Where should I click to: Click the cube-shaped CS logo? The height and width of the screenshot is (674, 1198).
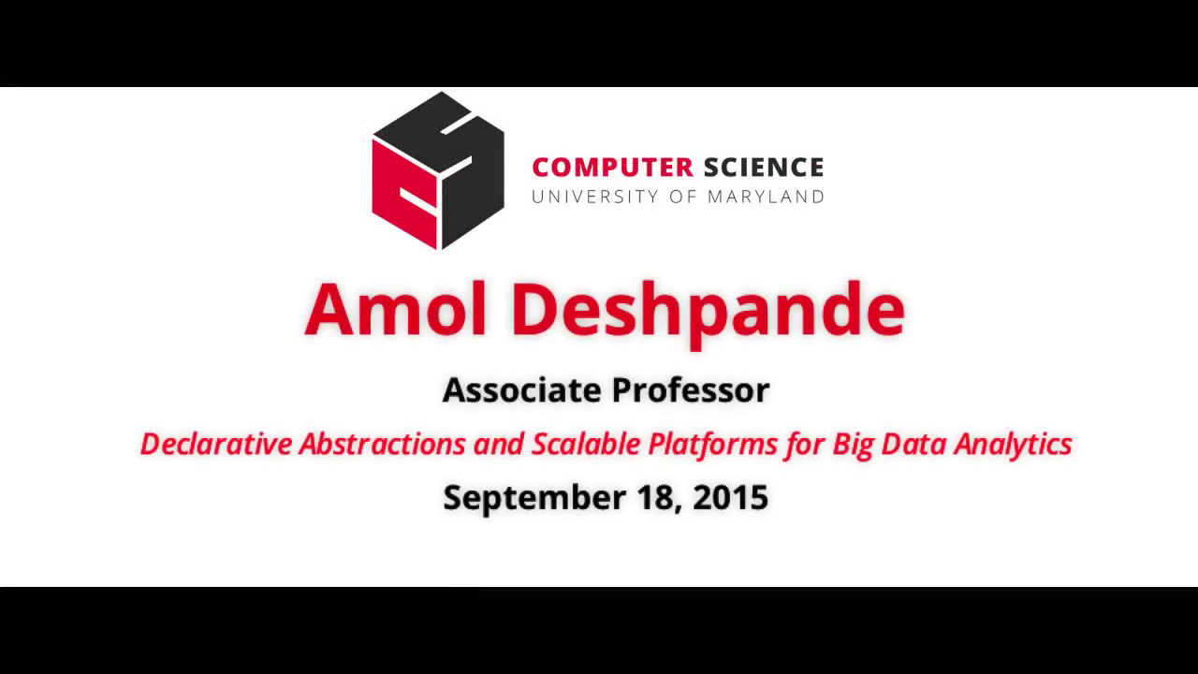pyautogui.click(x=438, y=170)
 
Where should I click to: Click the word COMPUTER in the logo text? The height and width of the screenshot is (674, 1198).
pyautogui.click(x=612, y=168)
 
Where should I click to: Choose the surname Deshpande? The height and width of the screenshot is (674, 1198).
pyautogui.click(x=708, y=312)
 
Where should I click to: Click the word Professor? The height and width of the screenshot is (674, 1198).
pyautogui.click(x=690, y=390)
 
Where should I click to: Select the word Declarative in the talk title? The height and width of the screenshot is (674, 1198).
pyautogui.click(x=216, y=444)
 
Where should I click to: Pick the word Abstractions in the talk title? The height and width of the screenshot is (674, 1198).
pyautogui.click(x=382, y=444)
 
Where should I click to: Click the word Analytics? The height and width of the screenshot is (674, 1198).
pyautogui.click(x=1013, y=445)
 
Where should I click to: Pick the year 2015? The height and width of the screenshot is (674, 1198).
pyautogui.click(x=731, y=497)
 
